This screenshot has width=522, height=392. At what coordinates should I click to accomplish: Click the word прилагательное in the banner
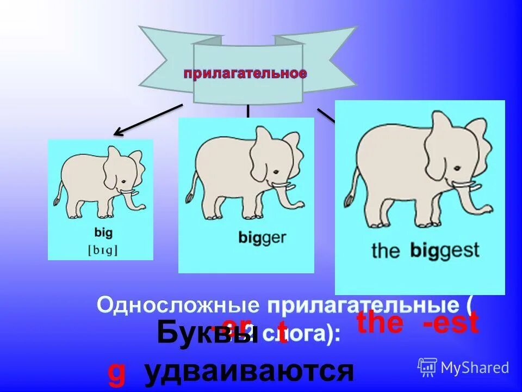tap(245, 74)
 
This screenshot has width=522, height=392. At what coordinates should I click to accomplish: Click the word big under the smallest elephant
tap(103, 234)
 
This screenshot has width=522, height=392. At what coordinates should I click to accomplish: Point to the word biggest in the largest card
tap(445, 250)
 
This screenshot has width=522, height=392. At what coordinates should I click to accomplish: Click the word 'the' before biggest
tap(386, 251)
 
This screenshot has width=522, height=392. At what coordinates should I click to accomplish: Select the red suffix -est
tap(451, 323)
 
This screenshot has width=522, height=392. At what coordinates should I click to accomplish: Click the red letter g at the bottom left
tap(116, 375)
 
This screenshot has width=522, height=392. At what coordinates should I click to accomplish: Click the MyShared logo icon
tap(427, 367)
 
